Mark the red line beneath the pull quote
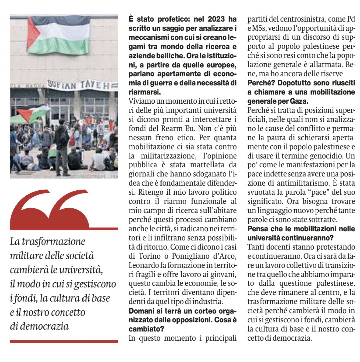[x=64, y=341]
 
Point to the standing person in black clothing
[x=63, y=147]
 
